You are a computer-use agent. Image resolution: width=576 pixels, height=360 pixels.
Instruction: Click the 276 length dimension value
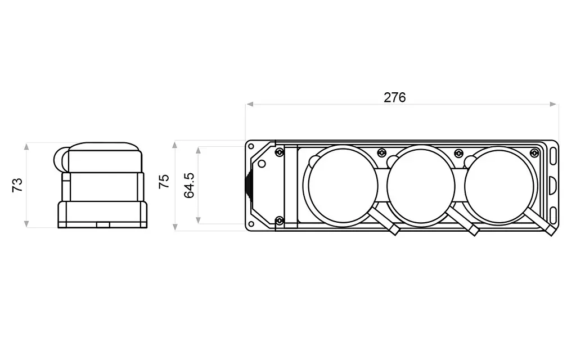pyautogui.click(x=394, y=97)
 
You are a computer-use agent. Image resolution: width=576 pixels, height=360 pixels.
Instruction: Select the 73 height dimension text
pyautogui.click(x=17, y=184)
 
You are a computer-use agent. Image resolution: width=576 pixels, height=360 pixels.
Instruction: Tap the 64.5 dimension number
pyautogui.click(x=189, y=186)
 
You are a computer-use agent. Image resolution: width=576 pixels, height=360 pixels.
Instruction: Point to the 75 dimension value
pyautogui.click(x=164, y=182)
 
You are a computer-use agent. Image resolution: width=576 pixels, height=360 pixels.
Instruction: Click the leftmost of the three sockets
pyautogui.click(x=343, y=186)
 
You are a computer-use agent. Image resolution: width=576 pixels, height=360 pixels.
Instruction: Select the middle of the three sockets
pyautogui.click(x=421, y=186)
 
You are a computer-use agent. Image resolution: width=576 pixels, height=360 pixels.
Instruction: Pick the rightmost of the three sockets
pyautogui.click(x=499, y=186)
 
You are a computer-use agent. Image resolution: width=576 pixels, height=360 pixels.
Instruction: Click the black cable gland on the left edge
pyautogui.click(x=249, y=186)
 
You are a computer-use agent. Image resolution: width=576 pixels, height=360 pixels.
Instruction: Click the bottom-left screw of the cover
pyautogui.click(x=279, y=220)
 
